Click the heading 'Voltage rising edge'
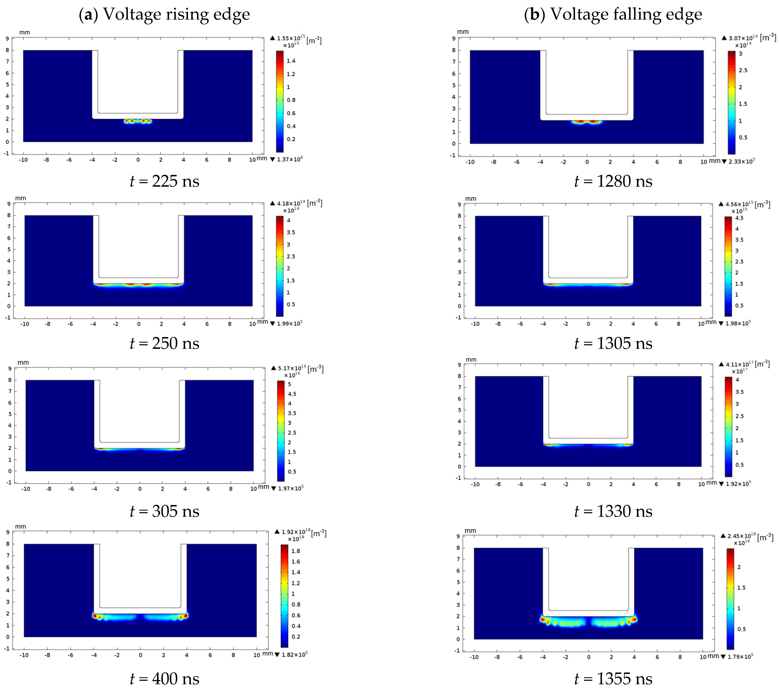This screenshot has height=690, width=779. click(164, 14)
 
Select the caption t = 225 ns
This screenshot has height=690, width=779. click(164, 181)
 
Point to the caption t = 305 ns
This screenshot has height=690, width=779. click(164, 511)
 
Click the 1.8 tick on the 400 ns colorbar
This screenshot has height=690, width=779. click(295, 551)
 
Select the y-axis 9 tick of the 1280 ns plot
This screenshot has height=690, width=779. click(454, 38)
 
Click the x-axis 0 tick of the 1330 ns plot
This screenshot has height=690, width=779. click(588, 484)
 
